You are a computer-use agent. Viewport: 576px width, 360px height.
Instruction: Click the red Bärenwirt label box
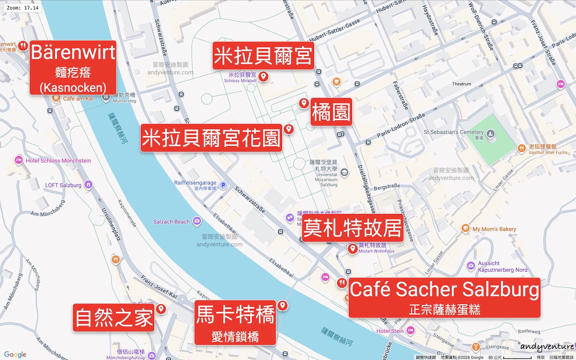point(73,68)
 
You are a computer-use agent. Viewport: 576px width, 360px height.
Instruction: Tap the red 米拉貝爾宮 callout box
point(263,56)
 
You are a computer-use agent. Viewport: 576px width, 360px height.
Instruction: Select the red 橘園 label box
point(331,112)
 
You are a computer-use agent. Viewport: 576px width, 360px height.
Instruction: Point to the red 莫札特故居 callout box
point(352,228)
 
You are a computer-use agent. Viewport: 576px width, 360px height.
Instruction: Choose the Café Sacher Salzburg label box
point(444,298)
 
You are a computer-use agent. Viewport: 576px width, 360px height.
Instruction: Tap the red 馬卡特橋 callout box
point(235,322)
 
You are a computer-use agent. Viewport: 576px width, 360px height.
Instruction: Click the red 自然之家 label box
point(114,318)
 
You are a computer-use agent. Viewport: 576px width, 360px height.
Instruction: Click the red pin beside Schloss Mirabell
point(263,76)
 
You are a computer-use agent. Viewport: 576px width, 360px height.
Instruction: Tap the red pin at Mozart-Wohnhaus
point(352,248)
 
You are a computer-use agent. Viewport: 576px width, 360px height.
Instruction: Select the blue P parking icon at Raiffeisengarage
point(223,185)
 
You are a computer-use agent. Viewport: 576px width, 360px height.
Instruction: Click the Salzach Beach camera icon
point(197,221)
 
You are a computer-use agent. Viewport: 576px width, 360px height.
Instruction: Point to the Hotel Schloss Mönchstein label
point(58,161)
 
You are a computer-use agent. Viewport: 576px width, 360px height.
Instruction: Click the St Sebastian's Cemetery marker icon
point(491,134)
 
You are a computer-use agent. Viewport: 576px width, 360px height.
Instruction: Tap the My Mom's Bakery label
point(494,229)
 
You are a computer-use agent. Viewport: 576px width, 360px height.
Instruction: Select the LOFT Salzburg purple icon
point(88,184)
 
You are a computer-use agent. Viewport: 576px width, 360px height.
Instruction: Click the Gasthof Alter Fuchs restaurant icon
point(521,148)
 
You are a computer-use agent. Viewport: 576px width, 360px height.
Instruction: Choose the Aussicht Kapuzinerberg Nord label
point(502,267)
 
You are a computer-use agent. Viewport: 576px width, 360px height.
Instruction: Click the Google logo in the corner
point(15,354)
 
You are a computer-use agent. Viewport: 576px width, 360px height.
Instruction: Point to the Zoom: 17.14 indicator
point(23,8)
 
